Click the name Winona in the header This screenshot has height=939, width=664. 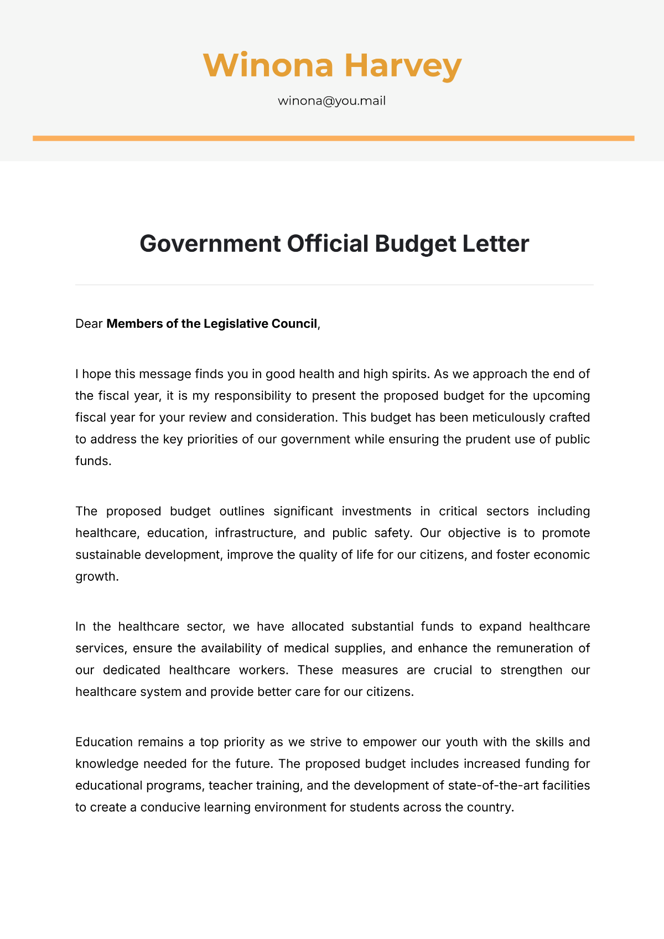[268, 65]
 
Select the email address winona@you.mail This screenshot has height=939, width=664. [331, 101]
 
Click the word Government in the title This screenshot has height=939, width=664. [210, 244]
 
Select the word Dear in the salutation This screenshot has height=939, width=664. [89, 324]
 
